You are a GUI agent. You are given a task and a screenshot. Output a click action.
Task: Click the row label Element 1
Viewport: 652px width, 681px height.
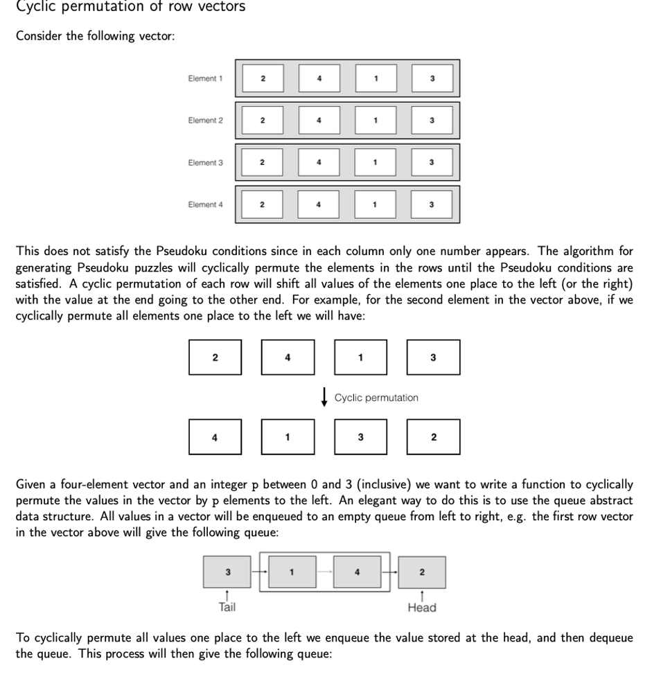point(205,78)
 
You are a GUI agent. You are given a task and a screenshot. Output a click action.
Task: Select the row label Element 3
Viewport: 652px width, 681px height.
point(205,162)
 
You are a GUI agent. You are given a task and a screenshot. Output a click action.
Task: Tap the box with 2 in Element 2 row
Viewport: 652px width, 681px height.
point(262,120)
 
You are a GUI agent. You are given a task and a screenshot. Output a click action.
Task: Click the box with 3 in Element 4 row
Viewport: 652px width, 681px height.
point(432,204)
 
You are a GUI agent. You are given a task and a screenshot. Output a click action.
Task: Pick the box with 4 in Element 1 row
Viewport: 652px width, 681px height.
point(319,78)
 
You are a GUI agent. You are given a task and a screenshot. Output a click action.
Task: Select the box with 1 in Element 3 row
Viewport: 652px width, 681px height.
point(375,162)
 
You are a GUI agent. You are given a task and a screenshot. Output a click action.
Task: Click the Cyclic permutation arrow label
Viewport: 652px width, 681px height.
point(376,398)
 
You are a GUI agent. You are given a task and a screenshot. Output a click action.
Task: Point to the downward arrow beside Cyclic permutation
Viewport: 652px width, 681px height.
point(324,398)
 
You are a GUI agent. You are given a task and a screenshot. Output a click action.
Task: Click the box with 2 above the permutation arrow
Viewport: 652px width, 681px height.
point(215,357)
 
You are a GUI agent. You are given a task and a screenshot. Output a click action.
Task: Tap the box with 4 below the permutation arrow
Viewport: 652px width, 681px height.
point(215,437)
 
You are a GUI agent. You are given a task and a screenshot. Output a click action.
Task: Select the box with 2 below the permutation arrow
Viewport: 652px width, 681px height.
point(433,437)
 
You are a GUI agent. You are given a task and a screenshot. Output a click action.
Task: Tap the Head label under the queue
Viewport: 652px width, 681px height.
point(422,608)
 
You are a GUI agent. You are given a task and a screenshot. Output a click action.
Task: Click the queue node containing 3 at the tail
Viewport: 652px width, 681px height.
point(228,572)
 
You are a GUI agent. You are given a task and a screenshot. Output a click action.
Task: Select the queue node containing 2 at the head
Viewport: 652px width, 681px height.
point(422,572)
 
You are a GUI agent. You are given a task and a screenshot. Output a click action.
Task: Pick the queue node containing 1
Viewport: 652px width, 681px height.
point(292,572)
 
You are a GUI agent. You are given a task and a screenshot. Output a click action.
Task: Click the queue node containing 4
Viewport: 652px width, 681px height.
point(357,572)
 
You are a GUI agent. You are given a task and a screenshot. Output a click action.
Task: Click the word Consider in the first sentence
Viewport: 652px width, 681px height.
point(39,36)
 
